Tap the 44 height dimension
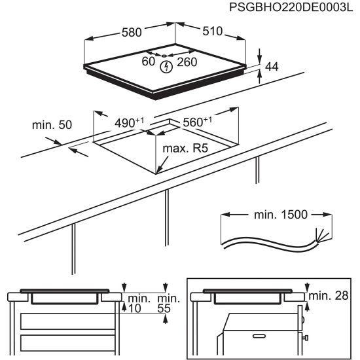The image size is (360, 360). coord(271,66)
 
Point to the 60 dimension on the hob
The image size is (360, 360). coord(148,62)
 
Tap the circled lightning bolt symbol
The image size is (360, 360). coord(166,66)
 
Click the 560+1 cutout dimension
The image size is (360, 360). coord(198,122)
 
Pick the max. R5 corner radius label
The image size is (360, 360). coord(185,149)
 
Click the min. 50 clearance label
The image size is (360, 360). coord(52,124)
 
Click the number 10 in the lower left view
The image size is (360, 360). coord(135,308)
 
